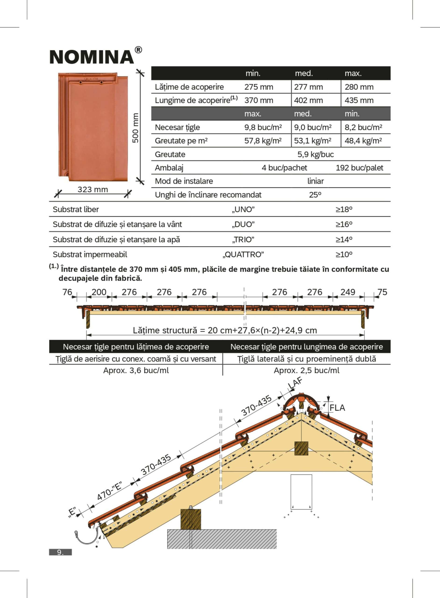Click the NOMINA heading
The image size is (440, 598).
click(x=92, y=57)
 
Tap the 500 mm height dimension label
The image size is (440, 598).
click(x=135, y=128)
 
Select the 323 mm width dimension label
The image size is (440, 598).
click(x=93, y=189)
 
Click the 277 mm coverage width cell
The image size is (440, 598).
click(x=309, y=87)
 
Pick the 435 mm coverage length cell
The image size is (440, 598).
click(x=359, y=100)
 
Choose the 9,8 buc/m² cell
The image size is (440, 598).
click(x=263, y=127)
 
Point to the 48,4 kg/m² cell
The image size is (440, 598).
click(x=363, y=141)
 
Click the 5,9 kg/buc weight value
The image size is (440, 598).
click(x=315, y=154)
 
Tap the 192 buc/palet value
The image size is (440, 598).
click(x=359, y=168)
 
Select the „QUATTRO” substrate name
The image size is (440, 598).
click(x=243, y=255)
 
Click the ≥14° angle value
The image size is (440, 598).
click(x=344, y=240)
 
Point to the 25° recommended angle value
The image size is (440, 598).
click(x=315, y=195)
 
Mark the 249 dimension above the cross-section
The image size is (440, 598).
click(x=348, y=292)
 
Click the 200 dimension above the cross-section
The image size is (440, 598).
click(x=99, y=292)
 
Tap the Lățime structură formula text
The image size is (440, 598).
click(x=225, y=331)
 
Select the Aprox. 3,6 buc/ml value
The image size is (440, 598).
click(x=136, y=370)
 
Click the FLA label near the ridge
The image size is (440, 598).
click(x=337, y=408)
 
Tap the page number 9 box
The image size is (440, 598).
click(x=60, y=552)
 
